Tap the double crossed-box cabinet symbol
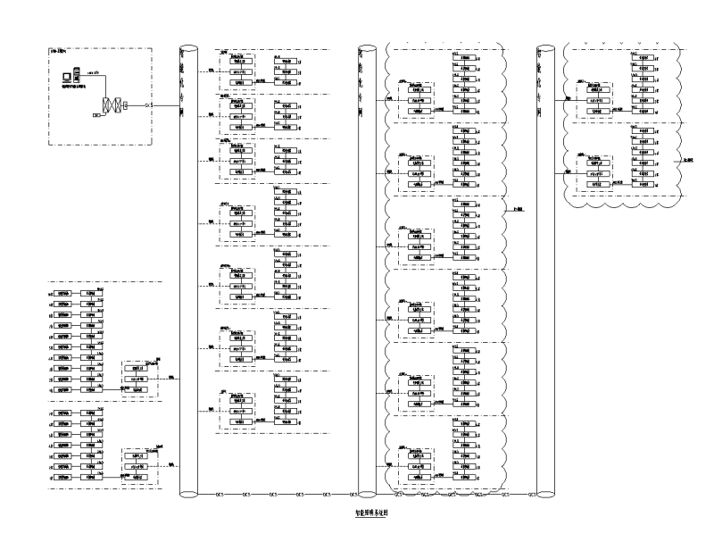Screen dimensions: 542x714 tap(112, 105)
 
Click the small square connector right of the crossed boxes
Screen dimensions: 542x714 tap(127, 105)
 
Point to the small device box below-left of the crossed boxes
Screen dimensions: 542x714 tap(95, 116)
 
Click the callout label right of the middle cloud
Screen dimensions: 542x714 tap(519, 208)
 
